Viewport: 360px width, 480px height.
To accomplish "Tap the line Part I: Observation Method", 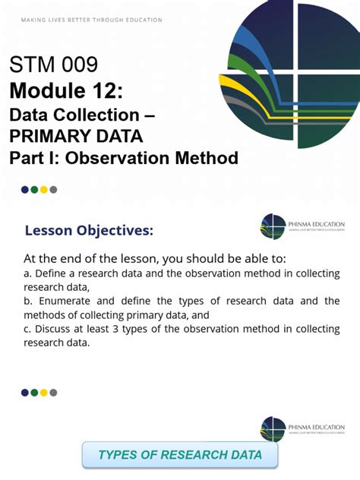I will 124,158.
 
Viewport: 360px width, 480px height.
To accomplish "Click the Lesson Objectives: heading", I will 89,231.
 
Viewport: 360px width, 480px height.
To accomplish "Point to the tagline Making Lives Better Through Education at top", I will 91,20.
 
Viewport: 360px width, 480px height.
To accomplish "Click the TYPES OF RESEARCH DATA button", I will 180,455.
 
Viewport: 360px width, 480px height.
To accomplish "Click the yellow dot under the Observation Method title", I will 44,190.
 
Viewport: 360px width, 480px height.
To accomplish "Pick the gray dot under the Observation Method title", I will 53,190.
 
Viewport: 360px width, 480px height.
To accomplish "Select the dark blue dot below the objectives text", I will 25,393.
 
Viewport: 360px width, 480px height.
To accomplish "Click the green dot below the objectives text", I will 34,393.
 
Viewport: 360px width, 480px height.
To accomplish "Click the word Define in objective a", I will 50,273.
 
